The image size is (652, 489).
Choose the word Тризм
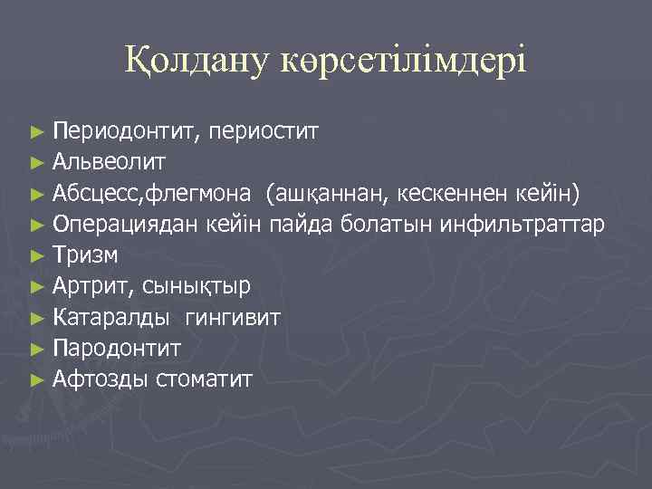coord(86,255)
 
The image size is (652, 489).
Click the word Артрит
coord(93,286)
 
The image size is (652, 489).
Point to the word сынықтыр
coord(196,286)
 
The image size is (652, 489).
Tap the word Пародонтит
coord(117,348)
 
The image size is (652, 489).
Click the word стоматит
coord(204,379)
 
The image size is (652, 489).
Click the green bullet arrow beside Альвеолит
coord(36,163)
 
